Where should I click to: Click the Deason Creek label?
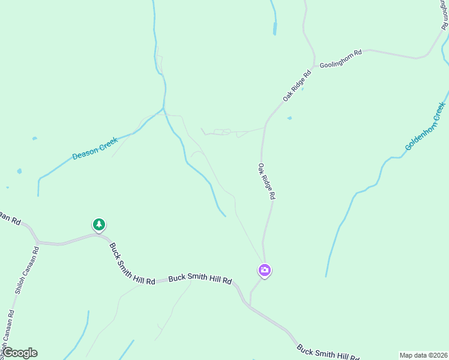[95, 149]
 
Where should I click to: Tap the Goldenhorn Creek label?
[425, 127]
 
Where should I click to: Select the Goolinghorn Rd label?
[340, 58]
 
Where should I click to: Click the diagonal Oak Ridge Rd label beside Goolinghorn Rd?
[298, 86]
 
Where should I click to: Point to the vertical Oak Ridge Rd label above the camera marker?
[267, 181]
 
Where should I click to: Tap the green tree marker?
[99, 225]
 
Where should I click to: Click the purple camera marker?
[265, 271]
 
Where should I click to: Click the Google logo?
[20, 353]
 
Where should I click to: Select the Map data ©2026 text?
[423, 355]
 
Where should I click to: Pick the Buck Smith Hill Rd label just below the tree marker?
[132, 263]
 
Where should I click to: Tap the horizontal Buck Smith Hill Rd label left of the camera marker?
[200, 279]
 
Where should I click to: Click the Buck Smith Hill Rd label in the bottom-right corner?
[328, 352]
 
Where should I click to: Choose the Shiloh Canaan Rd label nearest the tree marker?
[27, 270]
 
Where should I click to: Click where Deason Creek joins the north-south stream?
[164, 109]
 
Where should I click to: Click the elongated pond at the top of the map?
[275, 28]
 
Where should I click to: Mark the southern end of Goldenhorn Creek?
[326, 276]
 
